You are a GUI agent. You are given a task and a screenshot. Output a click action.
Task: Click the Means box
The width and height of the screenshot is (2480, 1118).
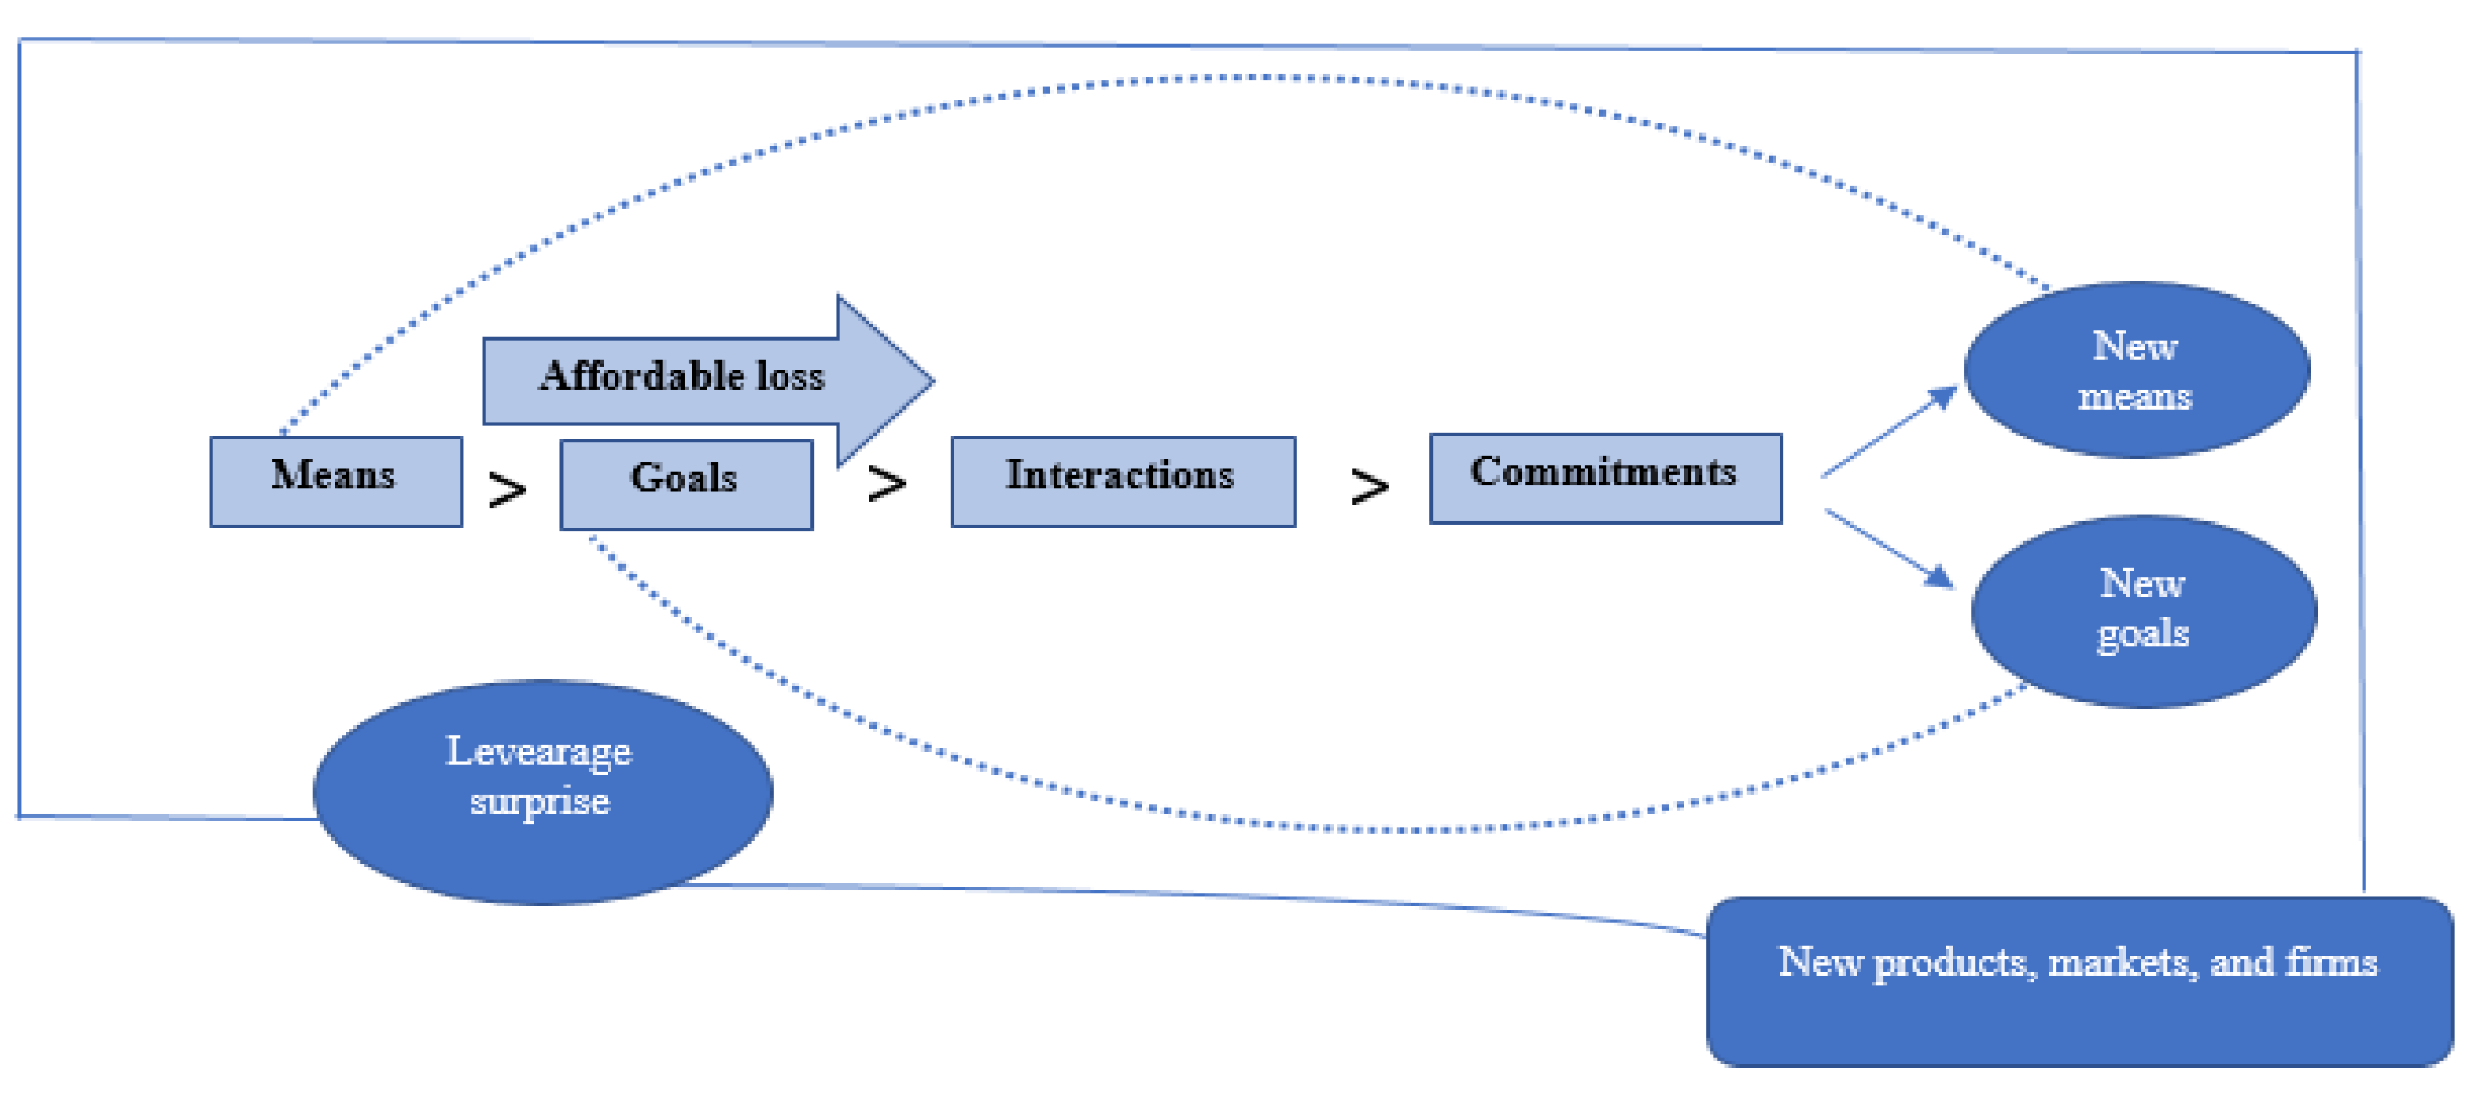335,480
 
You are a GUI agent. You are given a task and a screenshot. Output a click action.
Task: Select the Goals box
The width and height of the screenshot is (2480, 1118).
686,484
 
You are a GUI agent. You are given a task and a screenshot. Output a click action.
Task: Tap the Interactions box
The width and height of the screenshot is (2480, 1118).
1121,480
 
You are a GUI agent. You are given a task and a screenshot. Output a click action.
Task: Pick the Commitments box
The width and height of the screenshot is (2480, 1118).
1605,478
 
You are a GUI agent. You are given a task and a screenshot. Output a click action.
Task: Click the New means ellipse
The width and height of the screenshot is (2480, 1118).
2136,370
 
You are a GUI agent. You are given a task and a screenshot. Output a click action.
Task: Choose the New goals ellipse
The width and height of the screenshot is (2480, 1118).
2143,611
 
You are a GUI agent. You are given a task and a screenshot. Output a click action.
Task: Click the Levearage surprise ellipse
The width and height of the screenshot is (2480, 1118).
541,792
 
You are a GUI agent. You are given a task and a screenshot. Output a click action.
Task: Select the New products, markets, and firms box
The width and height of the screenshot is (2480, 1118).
2078,981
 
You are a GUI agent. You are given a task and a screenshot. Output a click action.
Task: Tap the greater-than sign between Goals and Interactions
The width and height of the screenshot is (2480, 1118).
886,484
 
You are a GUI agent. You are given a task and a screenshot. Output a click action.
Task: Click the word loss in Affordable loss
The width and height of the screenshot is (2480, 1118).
790,376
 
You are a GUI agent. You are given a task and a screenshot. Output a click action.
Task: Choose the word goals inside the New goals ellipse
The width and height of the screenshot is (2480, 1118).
2143,634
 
